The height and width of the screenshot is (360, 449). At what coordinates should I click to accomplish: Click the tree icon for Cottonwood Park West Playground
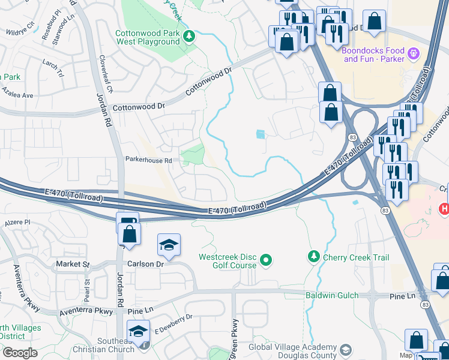(x=189, y=37)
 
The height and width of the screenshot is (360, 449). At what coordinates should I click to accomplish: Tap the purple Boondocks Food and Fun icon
(x=413, y=55)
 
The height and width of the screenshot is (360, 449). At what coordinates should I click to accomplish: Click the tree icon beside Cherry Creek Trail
(x=313, y=257)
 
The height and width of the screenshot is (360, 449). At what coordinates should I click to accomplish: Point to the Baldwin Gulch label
(x=332, y=295)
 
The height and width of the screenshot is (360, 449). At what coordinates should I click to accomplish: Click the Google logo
(x=19, y=353)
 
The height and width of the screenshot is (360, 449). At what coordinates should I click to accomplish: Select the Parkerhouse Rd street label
(x=148, y=160)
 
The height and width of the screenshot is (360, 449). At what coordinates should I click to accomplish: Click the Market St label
(x=73, y=264)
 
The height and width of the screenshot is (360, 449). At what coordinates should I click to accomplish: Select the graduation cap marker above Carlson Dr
(x=168, y=245)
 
